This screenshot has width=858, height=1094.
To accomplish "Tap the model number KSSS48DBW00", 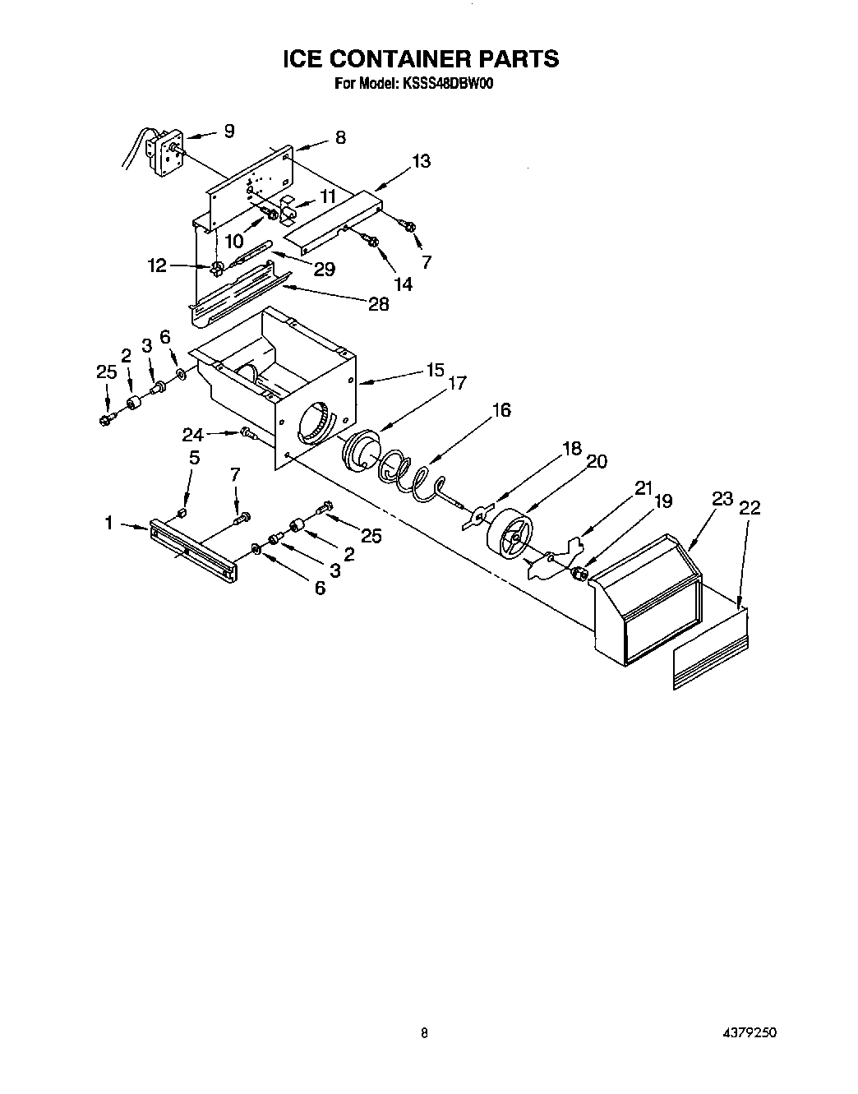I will click(x=447, y=83).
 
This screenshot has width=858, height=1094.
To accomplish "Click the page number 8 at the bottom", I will click(x=424, y=1033).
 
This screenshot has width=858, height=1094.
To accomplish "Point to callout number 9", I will click(x=229, y=130).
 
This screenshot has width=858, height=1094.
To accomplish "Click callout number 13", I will click(x=421, y=161).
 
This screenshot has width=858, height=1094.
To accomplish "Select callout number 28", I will click(x=378, y=303).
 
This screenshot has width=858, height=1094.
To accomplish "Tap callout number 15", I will click(x=435, y=369).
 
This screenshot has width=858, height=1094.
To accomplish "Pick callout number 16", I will click(x=501, y=409).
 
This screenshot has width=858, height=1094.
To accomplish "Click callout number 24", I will click(x=192, y=435).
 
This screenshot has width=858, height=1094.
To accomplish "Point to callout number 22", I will click(x=750, y=508).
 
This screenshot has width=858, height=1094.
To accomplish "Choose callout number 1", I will click(x=108, y=522).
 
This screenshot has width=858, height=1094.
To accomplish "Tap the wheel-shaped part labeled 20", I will click(x=510, y=535).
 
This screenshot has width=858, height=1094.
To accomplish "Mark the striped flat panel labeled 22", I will click(x=711, y=649).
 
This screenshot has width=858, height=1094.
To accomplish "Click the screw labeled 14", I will click(x=371, y=241).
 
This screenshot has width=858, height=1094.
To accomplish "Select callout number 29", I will click(x=325, y=269).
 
